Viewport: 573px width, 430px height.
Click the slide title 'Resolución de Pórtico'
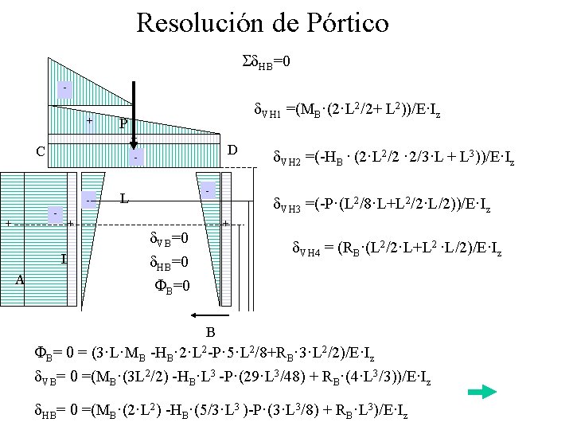tap(263, 21)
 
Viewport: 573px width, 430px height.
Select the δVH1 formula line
tap(347, 113)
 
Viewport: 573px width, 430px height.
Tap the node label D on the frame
tap(232, 150)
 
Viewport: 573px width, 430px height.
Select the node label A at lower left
tap(21, 279)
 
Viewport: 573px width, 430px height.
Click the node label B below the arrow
tap(211, 331)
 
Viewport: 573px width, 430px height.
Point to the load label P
tap(122, 124)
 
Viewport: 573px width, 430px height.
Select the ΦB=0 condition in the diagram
tap(170, 283)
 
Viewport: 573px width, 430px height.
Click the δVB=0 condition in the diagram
tap(170, 239)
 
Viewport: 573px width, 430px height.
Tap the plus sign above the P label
tap(90, 121)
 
